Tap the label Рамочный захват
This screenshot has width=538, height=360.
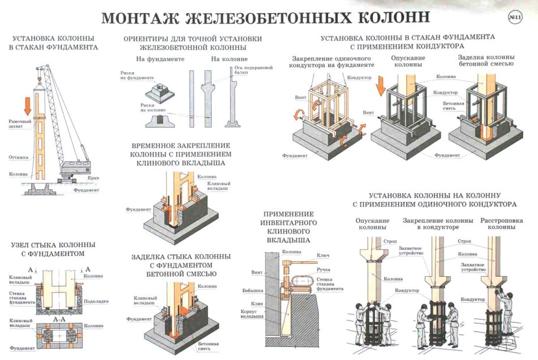(20, 124)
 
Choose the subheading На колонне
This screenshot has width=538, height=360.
(229, 59)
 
